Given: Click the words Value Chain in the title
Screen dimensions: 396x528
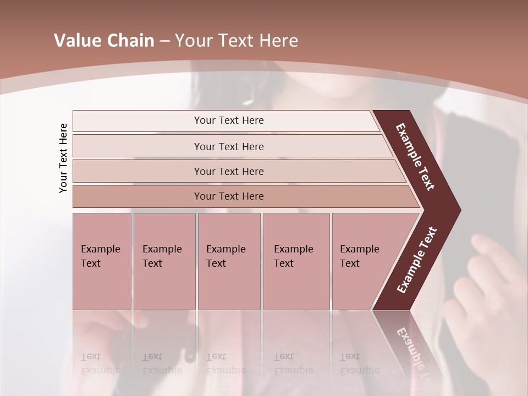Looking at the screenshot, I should point(104,41).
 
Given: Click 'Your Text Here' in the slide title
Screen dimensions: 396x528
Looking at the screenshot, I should point(237,41).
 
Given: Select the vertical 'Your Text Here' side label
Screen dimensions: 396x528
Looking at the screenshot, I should point(63,158).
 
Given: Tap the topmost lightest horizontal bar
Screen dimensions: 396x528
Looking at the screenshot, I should point(137,121).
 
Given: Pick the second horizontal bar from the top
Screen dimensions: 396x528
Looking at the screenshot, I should point(137,146).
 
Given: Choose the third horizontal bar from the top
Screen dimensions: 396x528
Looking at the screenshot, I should point(137,172).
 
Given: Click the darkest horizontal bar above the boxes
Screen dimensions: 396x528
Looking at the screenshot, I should point(137,196).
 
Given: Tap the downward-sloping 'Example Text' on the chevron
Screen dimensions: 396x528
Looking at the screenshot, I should point(415,157).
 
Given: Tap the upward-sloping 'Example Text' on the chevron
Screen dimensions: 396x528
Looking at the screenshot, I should point(416,260).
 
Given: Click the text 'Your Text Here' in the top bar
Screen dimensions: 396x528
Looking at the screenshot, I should point(229,120).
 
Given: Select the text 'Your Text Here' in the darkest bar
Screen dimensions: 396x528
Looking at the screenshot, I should point(229,196).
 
